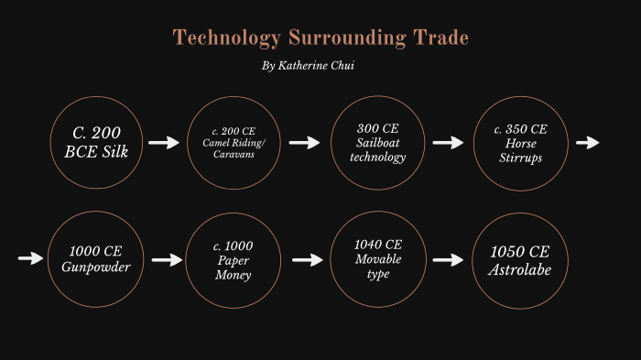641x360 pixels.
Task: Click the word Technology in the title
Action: click(227, 38)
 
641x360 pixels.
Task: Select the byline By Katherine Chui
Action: click(308, 67)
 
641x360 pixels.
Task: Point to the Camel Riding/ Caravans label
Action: click(233, 149)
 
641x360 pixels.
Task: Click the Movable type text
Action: click(377, 267)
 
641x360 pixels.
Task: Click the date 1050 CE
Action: click(520, 251)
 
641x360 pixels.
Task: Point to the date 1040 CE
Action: click(377, 245)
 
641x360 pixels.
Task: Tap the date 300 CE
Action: click(378, 128)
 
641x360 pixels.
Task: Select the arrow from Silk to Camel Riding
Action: click(164, 143)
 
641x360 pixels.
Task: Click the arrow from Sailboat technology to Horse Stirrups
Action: click(448, 143)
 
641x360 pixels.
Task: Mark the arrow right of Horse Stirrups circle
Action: click(587, 143)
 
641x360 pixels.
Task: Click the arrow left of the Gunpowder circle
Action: click(30, 259)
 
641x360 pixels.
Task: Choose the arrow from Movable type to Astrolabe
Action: click(448, 260)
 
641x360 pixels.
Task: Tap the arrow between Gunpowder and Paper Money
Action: click(168, 260)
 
